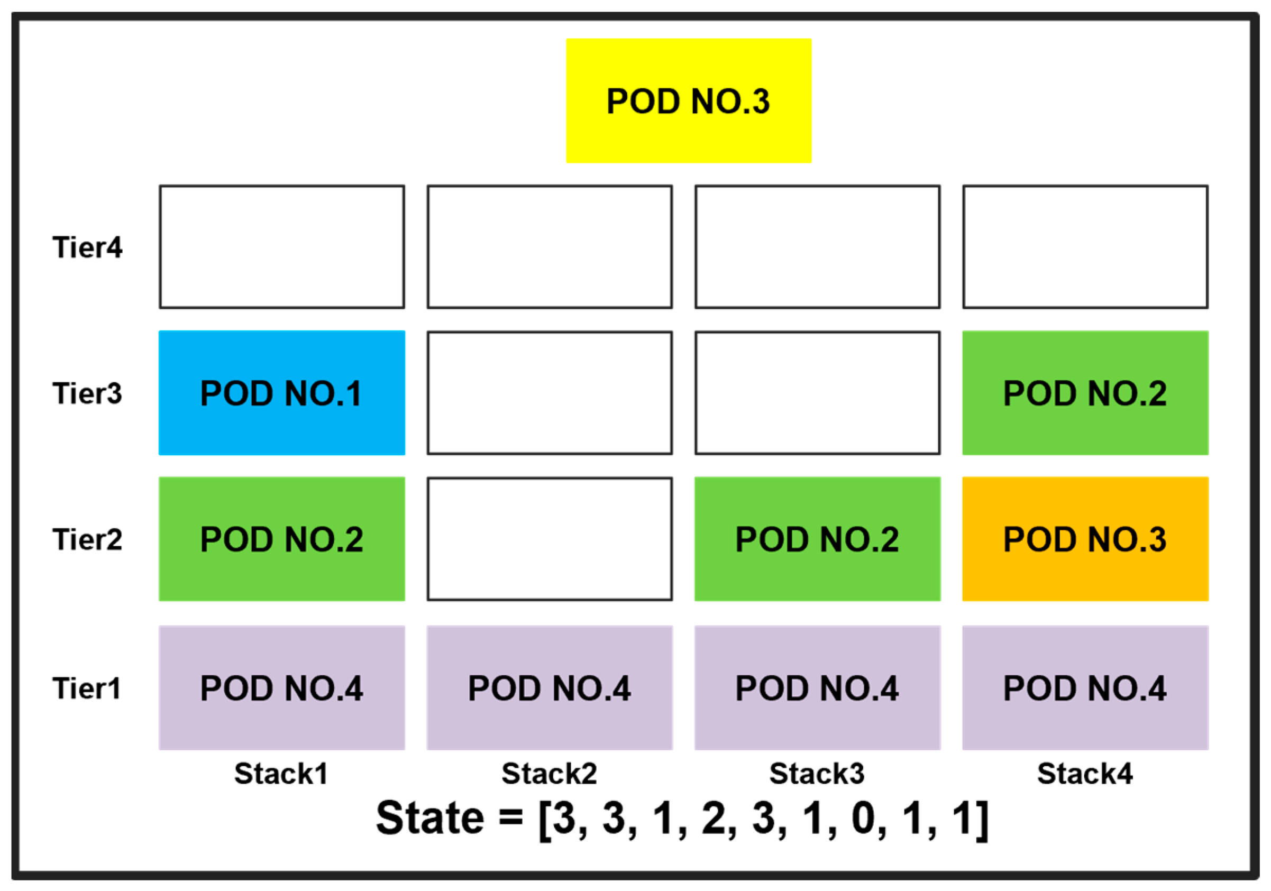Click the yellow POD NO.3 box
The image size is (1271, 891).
pyautogui.click(x=688, y=100)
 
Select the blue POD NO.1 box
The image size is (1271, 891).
pyautogui.click(x=282, y=393)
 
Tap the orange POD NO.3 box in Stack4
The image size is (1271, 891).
pyautogui.click(x=1084, y=539)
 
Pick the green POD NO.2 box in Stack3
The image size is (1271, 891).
pyautogui.click(x=817, y=539)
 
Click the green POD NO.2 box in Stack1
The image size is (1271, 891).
pyautogui.click(x=282, y=539)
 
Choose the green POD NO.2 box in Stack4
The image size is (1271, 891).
pyautogui.click(x=1084, y=393)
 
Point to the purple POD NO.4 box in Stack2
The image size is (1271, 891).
pyautogui.click(x=549, y=688)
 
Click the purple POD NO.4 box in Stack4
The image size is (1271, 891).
pyautogui.click(x=1084, y=688)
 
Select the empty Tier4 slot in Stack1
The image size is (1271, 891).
pyautogui.click(x=282, y=247)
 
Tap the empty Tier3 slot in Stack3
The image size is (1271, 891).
pyautogui.click(x=817, y=393)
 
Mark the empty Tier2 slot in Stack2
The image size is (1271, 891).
pyautogui.click(x=549, y=539)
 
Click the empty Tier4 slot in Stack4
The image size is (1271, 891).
pyautogui.click(x=1084, y=247)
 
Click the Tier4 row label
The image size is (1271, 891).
pyautogui.click(x=87, y=247)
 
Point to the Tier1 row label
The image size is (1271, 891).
pyautogui.click(x=87, y=688)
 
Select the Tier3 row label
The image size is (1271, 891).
pyautogui.click(x=87, y=393)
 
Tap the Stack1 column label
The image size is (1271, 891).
pyautogui.click(x=281, y=774)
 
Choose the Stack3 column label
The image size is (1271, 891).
pyautogui.click(x=817, y=774)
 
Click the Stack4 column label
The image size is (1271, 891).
pyautogui.click(x=1084, y=774)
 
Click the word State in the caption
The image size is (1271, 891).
pyautogui.click(x=430, y=818)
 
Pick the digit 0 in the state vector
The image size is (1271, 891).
pyautogui.click(x=867, y=818)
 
